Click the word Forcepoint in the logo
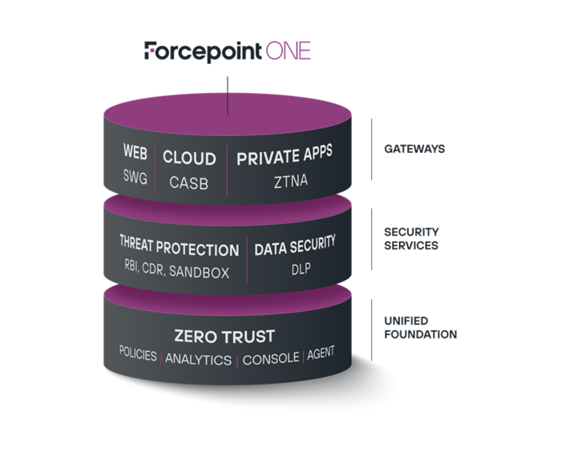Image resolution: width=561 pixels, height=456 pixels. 203,51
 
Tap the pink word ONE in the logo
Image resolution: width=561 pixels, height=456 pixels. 288,51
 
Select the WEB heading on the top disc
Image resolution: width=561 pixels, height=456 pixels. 135,151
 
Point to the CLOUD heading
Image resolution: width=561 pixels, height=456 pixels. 189,157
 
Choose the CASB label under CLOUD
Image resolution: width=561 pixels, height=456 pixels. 189,183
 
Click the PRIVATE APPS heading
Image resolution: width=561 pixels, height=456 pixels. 284,156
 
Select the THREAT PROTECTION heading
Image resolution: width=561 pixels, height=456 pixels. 179,249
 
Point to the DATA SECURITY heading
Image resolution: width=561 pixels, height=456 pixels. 295,245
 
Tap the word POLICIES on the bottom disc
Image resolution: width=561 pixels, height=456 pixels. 137,353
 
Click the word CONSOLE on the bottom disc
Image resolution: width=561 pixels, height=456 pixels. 271,358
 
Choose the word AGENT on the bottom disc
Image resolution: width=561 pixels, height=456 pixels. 321,353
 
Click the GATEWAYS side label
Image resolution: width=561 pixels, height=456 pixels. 414,149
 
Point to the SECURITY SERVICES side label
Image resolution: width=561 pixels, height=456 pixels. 411,239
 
